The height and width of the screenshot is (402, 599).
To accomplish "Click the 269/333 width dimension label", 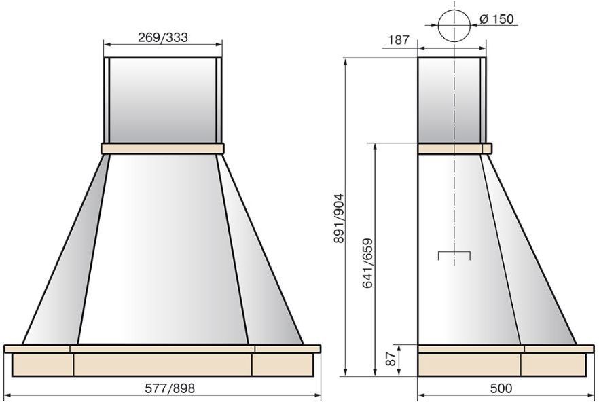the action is coord(163,37).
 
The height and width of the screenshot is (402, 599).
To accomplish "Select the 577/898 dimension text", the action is coord(170,388).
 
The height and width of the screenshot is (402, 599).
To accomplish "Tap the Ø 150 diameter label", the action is coord(496,19).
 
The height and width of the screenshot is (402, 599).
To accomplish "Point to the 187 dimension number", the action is coord(399,40).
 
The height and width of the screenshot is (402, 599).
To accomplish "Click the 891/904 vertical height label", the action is coord(339,218).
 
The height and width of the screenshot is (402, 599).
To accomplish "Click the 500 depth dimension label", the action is coord(501,388).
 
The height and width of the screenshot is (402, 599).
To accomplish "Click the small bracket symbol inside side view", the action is coord(454,252).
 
